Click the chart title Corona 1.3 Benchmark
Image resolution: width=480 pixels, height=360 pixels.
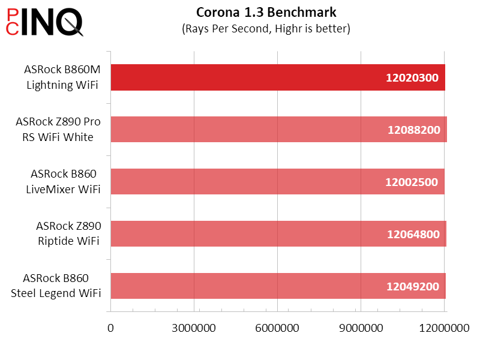pos(266,12)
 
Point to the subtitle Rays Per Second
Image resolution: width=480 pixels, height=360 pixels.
pos(266,28)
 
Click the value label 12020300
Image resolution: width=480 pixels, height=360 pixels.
pos(413,78)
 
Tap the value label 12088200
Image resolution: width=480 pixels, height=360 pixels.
pos(414,130)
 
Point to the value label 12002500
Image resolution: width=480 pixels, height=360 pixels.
pos(412,182)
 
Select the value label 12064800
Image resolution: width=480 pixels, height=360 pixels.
pos(413,234)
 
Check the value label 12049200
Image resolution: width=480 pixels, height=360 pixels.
pos(413,286)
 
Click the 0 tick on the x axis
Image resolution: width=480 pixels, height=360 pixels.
pos(110,328)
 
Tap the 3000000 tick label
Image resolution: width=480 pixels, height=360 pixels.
pos(194,328)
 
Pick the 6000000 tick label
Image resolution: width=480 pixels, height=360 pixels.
pos(277,328)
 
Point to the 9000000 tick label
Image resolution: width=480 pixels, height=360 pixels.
pos(360,328)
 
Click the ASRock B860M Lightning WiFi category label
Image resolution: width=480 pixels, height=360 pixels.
pos(62,77)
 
